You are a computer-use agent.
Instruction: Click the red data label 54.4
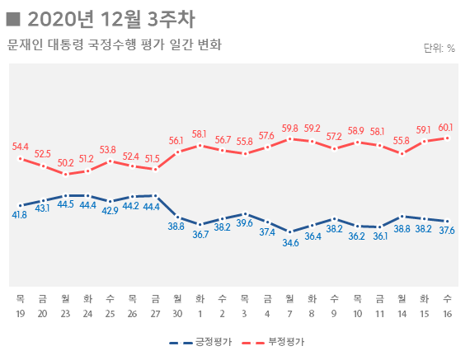(21, 147)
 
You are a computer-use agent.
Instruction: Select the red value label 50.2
(65, 163)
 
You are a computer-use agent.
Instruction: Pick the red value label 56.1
(176, 141)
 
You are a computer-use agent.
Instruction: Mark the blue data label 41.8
(20, 215)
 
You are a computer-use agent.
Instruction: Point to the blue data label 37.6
(447, 231)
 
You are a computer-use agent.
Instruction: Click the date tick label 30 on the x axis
(176, 314)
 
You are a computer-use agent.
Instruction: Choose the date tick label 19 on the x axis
(20, 314)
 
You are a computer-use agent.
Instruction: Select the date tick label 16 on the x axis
(447, 314)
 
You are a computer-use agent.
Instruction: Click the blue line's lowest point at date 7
(289, 231)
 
